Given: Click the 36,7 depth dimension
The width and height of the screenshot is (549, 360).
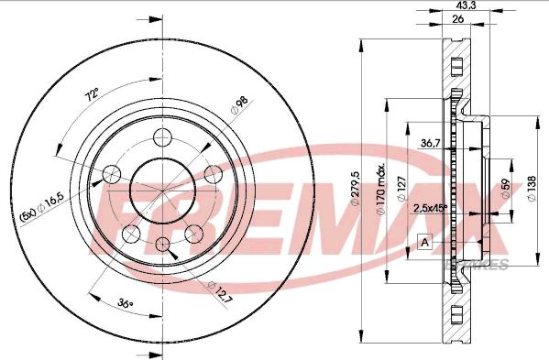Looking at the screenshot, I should [431, 143].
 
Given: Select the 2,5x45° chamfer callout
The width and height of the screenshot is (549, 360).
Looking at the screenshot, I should [430, 207].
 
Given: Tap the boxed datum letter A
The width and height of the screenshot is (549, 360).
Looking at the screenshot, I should [425, 243].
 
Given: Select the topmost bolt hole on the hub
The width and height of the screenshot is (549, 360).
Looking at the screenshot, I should [163, 137].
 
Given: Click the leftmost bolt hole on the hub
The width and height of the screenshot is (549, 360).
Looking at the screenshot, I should [112, 174].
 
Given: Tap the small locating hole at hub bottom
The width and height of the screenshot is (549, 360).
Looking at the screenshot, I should [163, 244].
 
